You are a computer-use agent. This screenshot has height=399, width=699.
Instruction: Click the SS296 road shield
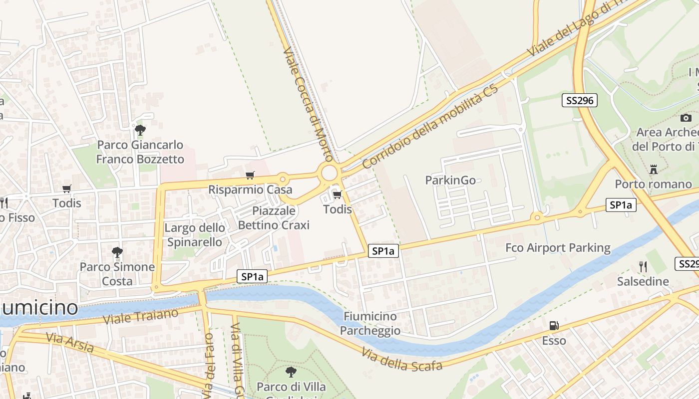tap(579, 100)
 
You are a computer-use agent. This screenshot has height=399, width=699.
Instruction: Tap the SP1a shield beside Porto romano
tap(621, 204)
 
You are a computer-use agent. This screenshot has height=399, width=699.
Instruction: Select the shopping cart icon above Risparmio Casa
tap(250, 175)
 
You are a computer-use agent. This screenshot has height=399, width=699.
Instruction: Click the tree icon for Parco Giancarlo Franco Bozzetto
tap(140, 130)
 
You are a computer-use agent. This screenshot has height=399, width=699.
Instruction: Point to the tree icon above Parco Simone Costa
tap(117, 252)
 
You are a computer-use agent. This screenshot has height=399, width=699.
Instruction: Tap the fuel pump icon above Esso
tap(554, 326)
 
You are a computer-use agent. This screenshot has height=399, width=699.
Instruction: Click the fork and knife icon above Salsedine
tap(643, 267)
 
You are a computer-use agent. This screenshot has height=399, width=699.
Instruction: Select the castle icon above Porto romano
tap(653, 170)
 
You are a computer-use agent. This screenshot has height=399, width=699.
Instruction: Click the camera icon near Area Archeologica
tap(686, 118)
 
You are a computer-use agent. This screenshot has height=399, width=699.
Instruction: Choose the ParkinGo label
tap(450, 180)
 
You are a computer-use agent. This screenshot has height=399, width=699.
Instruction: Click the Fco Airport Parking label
tap(558, 248)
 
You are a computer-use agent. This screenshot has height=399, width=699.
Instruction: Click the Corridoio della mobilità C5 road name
tap(430, 127)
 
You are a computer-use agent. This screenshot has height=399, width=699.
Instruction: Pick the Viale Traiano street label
tap(140, 316)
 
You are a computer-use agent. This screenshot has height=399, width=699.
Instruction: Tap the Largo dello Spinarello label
tap(195, 235)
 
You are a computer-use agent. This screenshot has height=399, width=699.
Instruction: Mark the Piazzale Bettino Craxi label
tap(274, 218)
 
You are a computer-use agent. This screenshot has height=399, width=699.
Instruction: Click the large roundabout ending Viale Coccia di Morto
tap(330, 173)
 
